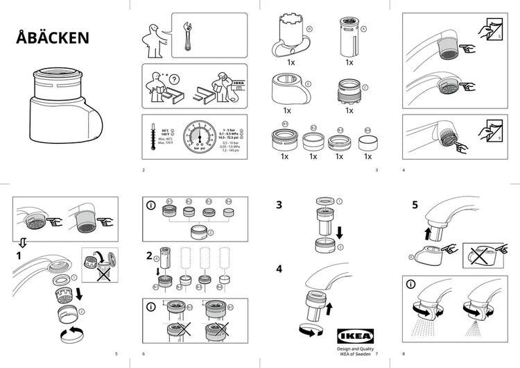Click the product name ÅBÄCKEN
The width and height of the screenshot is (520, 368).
tap(53, 38)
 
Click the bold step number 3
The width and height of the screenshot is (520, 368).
tap(279, 206)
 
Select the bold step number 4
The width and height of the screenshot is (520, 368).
tap(279, 268)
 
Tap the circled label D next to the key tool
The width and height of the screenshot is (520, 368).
tap(309, 29)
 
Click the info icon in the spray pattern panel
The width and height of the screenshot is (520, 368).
tap(411, 285)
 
